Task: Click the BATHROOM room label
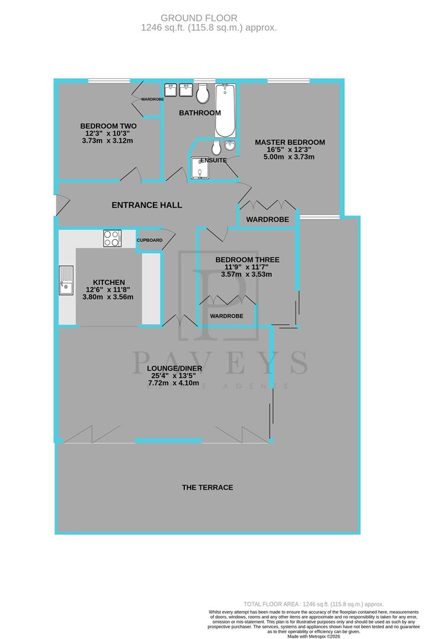coord(200,112)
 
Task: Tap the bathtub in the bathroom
coord(225,110)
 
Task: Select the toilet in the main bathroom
coord(203,93)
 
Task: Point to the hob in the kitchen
coord(112,238)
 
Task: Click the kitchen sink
coord(65,280)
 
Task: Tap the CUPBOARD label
coord(149,240)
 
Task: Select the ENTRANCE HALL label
coord(147,205)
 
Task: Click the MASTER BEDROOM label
coord(290,142)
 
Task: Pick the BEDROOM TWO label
coord(108,126)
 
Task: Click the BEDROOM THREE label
coord(247,260)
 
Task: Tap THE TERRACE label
coord(207,488)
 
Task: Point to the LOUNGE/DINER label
coord(175,369)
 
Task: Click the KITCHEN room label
coord(109,282)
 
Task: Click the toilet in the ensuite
coord(216,147)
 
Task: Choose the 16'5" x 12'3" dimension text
coord(289,150)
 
